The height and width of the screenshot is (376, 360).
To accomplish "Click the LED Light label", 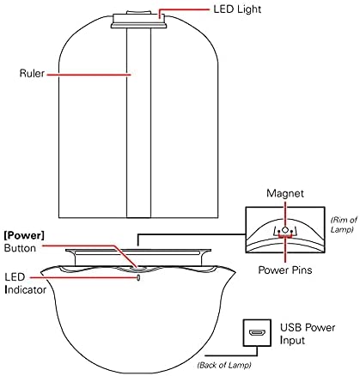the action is (x=237, y=9).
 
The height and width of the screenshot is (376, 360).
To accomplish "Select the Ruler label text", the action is (x=32, y=73).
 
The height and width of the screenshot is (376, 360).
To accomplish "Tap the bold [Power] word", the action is (x=24, y=235).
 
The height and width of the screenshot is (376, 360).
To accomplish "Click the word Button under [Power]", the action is (x=20, y=248).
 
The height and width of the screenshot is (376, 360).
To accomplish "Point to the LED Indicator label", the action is (x=25, y=283).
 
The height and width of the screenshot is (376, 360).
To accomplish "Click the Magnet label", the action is (x=285, y=193).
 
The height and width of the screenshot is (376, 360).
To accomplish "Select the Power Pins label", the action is (x=285, y=270).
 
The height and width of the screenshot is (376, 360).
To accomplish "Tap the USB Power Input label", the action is (x=308, y=334).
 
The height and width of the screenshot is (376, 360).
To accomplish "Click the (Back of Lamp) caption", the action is (x=224, y=365).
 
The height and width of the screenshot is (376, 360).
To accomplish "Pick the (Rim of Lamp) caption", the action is (x=344, y=225).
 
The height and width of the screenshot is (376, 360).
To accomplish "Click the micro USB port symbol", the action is (x=257, y=333).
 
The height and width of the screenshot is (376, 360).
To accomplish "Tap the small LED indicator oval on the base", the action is (x=138, y=277).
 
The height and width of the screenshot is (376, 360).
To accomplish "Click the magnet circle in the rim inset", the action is (x=284, y=230).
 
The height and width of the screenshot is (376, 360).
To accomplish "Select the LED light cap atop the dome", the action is (x=139, y=20).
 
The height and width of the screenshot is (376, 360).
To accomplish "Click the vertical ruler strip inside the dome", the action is (x=139, y=123).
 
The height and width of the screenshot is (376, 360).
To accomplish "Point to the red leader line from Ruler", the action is (x=88, y=75).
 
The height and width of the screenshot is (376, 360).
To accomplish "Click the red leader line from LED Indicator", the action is (x=83, y=277).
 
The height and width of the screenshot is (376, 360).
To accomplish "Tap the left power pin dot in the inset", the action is (x=278, y=232).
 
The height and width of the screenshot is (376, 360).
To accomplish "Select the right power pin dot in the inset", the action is (x=291, y=232).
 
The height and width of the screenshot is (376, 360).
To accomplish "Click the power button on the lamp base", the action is (x=137, y=268).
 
